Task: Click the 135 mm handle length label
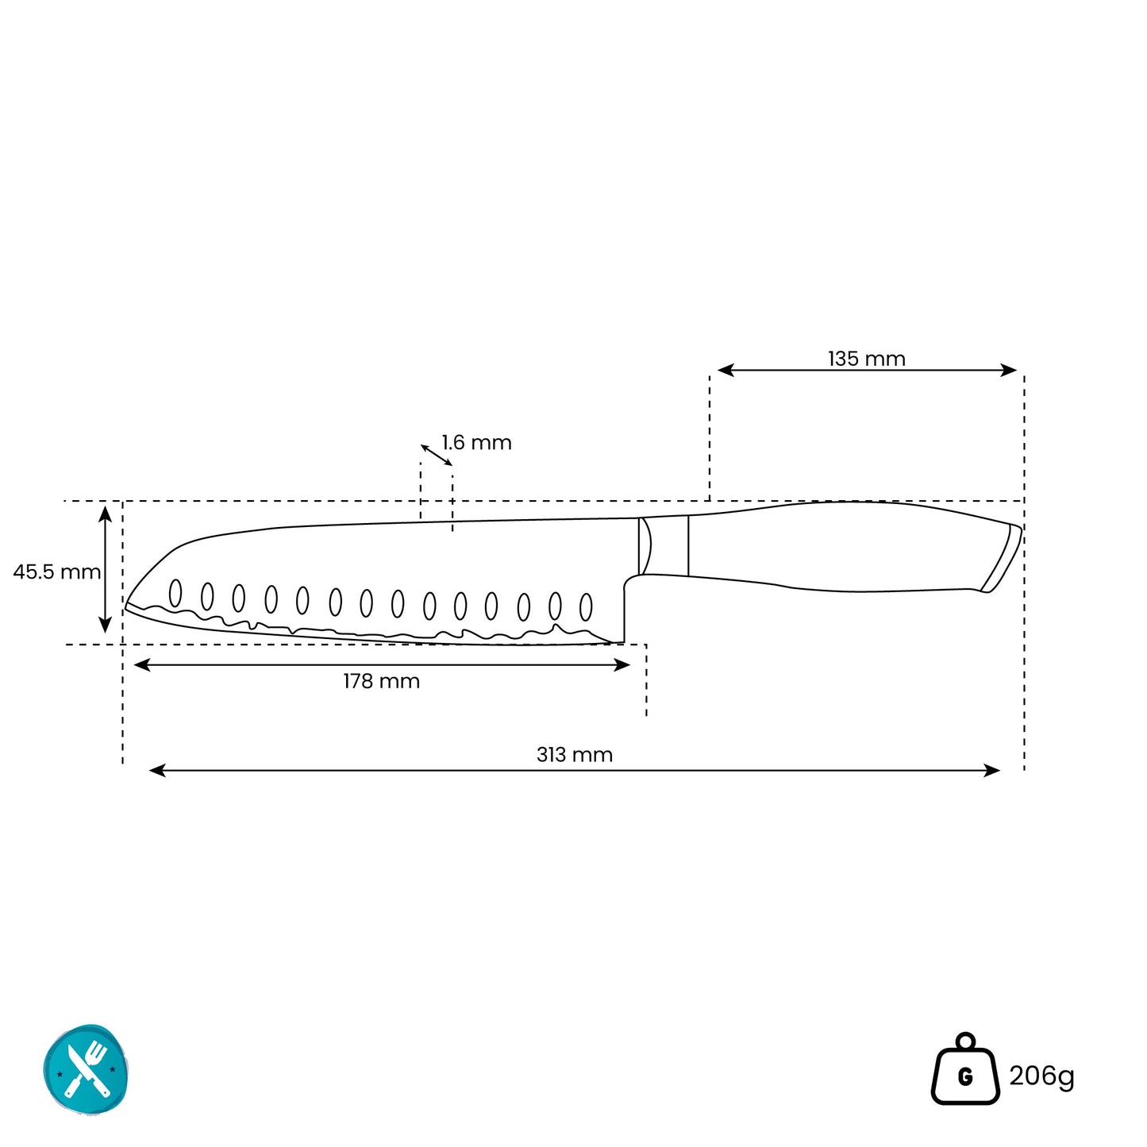866,359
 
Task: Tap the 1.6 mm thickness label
476,443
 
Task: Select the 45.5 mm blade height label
56,572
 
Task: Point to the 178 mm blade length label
382,681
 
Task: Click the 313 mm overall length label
575,755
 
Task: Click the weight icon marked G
965,1068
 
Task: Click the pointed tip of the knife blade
125,606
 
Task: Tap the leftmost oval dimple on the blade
175,593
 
